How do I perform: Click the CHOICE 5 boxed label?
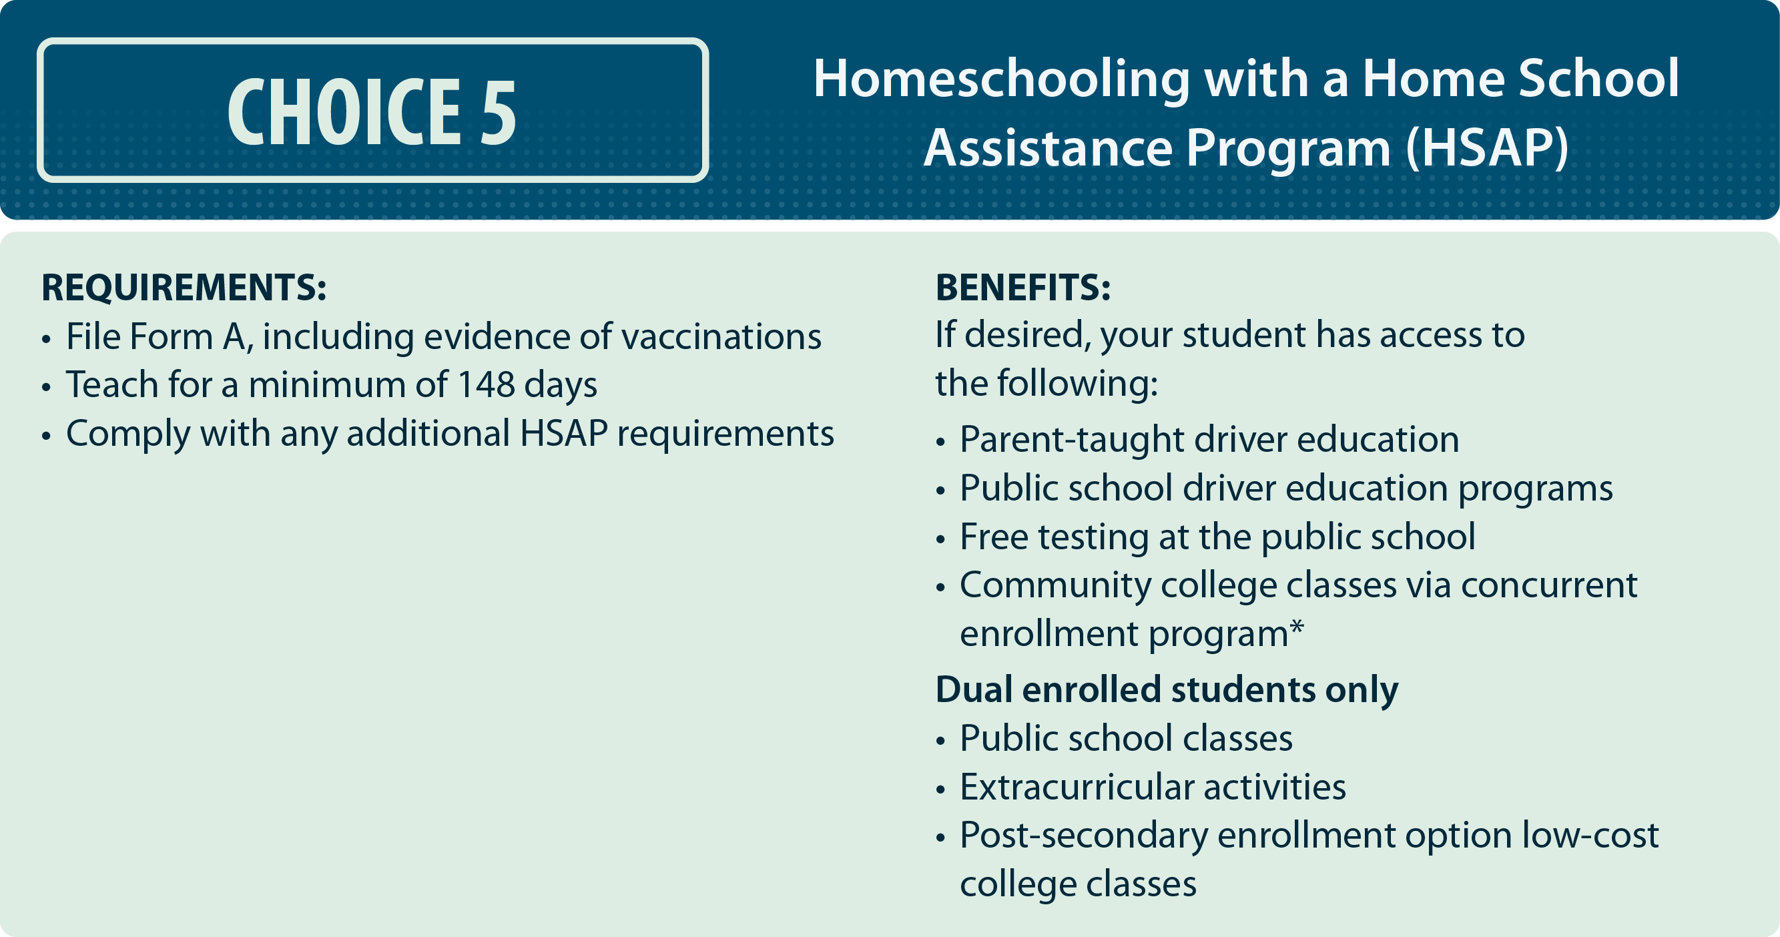coord(372,111)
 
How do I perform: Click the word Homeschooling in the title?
coord(1001,79)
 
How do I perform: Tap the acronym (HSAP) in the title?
coord(1487,148)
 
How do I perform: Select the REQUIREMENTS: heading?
coord(184,288)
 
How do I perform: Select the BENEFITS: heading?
coord(1022,288)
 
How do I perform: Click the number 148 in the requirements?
coord(486,384)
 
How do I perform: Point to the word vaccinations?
coord(722,336)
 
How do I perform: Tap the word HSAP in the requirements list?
coord(563,433)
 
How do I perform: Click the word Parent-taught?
coord(1072,440)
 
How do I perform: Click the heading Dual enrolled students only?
coord(1167,689)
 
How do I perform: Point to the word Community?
coord(1055,586)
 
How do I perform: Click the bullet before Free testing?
coord(940,539)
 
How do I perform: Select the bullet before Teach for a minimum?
coord(46,387)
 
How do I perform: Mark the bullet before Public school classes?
coord(940,741)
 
